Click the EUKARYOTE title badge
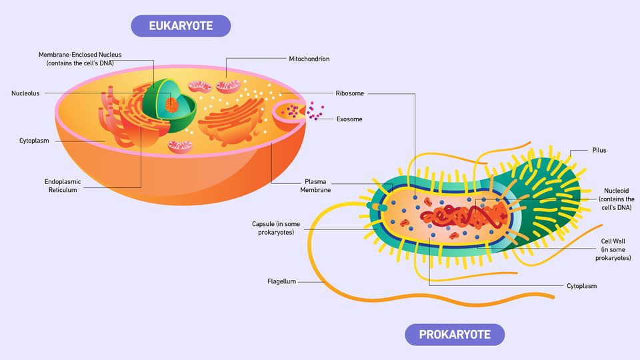(181, 26)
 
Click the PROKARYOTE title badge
(455, 334)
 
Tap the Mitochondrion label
(309, 59)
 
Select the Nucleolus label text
(25, 93)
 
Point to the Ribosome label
(350, 93)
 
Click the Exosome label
(349, 119)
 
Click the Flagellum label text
(281, 281)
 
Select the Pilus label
(599, 151)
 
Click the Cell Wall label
(613, 249)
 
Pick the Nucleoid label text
(615, 199)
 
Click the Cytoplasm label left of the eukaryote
(35, 141)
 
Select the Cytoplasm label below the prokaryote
(581, 286)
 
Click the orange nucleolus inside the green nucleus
(172, 105)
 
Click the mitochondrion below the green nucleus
(180, 146)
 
